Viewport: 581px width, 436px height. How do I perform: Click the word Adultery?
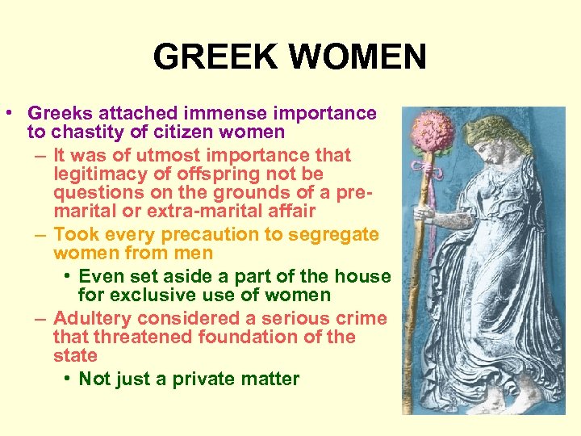(91, 317)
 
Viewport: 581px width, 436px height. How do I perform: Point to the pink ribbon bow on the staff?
(420, 169)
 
